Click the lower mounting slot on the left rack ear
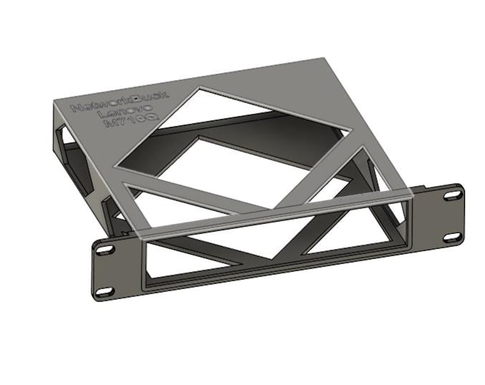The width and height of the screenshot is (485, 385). pos(104,291)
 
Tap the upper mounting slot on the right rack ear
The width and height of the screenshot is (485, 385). pos(453,195)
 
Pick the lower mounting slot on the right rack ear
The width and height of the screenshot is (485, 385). pos(451,237)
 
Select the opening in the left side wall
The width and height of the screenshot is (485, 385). pos(71,157)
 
